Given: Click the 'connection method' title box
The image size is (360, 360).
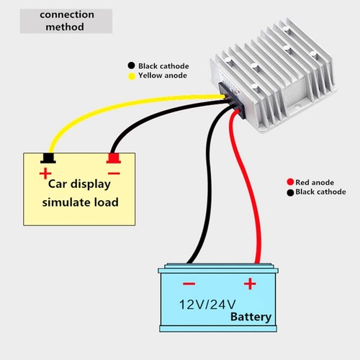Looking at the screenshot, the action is pyautogui.click(x=66, y=21).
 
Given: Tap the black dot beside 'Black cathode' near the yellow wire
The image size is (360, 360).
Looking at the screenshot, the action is pyautogui.click(x=131, y=66).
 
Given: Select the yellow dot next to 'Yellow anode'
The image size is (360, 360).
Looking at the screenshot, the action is pyautogui.click(x=132, y=76).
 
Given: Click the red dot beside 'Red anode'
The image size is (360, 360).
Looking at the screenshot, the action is pyautogui.click(x=290, y=182).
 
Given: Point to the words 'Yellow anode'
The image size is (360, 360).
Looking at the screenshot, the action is pyautogui.click(x=163, y=76).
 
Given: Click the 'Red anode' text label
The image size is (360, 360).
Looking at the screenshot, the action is pyautogui.click(x=315, y=182).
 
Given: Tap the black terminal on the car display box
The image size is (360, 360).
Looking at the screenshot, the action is pyautogui.click(x=48, y=158).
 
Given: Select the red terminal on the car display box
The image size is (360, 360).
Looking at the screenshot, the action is pyautogui.click(x=114, y=158).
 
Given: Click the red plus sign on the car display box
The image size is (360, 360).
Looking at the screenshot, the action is pyautogui.click(x=45, y=174).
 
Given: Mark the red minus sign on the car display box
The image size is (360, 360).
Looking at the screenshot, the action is pyautogui.click(x=114, y=174).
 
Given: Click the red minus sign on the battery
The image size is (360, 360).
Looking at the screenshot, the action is pyautogui.click(x=189, y=284).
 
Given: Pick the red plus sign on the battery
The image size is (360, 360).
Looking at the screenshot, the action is pyautogui.click(x=250, y=284).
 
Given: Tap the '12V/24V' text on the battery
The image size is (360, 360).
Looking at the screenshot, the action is pyautogui.click(x=207, y=305).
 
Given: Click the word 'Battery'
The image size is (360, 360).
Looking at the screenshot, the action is pyautogui.click(x=251, y=317).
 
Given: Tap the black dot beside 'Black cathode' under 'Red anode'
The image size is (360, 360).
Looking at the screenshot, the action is pyautogui.click(x=290, y=192).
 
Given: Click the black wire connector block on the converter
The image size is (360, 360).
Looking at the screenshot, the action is pyautogui.click(x=232, y=101).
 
